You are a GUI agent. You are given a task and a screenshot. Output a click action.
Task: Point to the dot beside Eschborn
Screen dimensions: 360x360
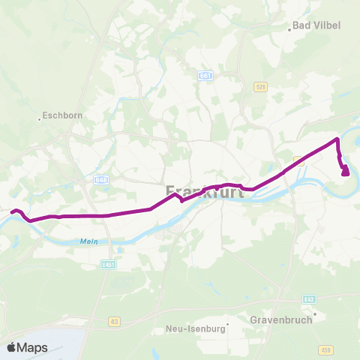(x=40, y=117)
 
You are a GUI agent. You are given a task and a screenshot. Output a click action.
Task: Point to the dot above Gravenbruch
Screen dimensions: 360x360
(x=315, y=314)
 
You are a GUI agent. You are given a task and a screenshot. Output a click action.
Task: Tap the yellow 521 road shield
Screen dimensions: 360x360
(x=260, y=86)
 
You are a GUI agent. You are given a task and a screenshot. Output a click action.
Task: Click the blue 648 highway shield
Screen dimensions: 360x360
(x=102, y=180)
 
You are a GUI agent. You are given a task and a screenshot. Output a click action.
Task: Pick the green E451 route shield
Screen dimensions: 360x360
(x=109, y=264)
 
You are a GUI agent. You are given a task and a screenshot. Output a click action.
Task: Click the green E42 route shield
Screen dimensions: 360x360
(x=309, y=299)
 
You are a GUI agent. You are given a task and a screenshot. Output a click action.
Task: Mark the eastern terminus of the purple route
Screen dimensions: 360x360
(x=345, y=172)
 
